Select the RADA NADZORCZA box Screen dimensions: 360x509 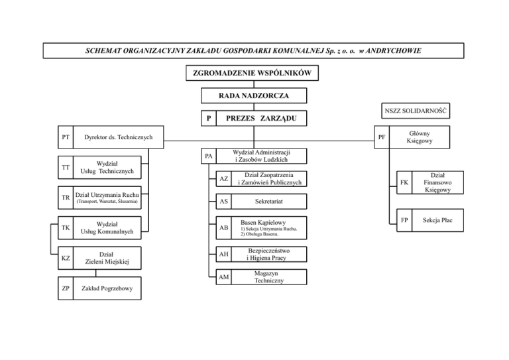click(254, 96)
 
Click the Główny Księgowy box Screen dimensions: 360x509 click(420, 137)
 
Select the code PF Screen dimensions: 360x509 click(382, 139)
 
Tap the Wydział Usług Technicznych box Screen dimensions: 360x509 click(107, 167)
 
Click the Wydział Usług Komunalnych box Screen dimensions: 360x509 click(107, 227)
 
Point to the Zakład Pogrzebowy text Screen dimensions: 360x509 click(106, 289)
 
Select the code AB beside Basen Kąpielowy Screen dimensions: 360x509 click(224, 227)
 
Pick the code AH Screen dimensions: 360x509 click(224, 253)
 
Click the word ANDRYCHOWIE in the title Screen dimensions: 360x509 click(385, 50)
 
